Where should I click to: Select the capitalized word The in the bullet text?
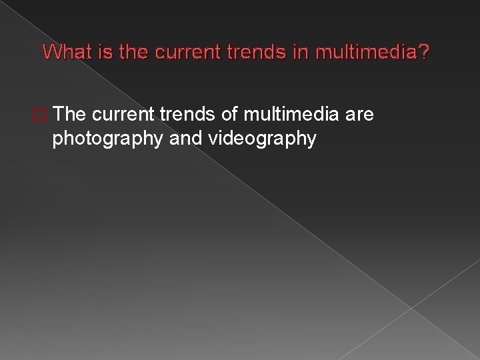[71, 116]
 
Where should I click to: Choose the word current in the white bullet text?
[125, 116]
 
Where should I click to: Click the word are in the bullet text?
[360, 116]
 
